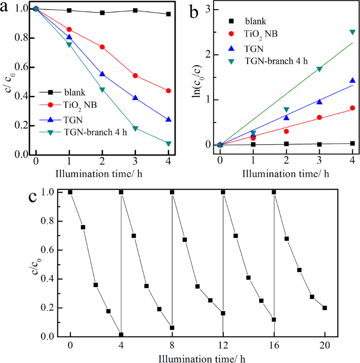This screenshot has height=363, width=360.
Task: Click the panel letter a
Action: click(6, 9)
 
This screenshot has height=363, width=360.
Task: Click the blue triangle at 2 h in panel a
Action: click(102, 74)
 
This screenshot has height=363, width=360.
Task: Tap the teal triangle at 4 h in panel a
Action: click(168, 143)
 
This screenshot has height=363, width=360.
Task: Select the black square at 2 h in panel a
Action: click(102, 13)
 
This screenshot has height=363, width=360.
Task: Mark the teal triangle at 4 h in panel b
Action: click(352, 32)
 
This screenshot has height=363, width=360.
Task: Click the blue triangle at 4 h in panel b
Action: click(352, 81)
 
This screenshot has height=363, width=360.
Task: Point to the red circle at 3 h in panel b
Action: click(319, 118)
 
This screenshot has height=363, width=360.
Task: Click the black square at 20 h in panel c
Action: click(325, 308)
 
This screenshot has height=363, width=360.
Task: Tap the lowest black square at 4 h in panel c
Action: click(121, 335)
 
